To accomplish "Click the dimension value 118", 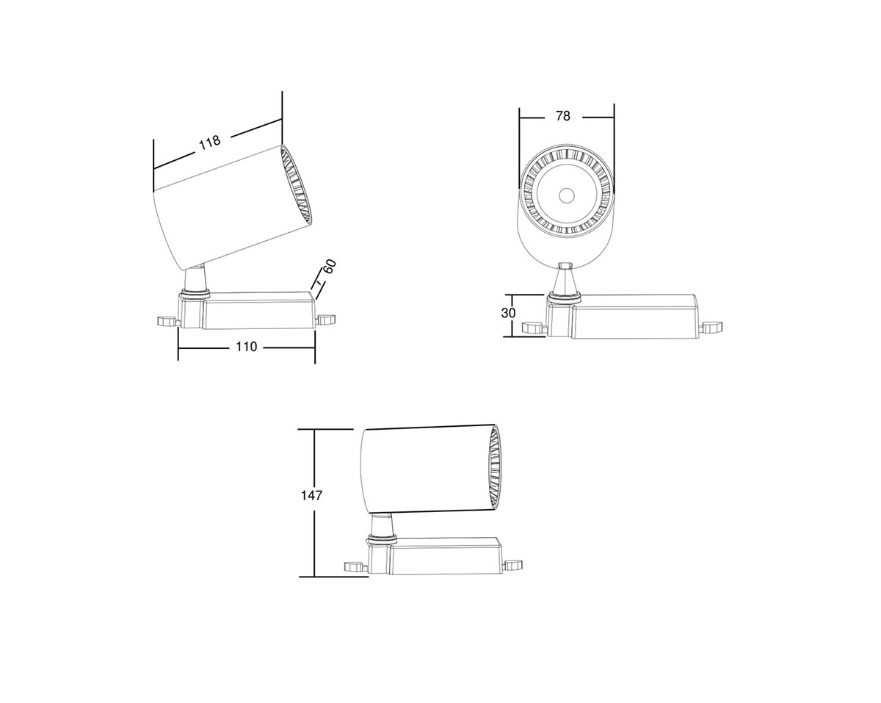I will pos(209,142).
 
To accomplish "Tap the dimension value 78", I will pos(563,116).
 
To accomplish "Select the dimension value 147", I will pos(311,495).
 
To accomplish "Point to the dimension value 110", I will pos(247,347).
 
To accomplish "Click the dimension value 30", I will pos(508,313).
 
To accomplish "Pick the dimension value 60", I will pos(329,266).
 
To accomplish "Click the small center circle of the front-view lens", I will pos(566,195).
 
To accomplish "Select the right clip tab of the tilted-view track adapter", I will pos(325,319).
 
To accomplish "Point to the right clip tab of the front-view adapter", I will pos(711,328).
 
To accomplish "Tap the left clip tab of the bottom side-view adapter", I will pos(356,566).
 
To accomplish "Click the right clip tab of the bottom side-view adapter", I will pos(514,565).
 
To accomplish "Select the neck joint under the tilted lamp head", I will pos(195,281).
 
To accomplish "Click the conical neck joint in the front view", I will pos(565,281).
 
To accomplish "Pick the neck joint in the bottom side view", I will pos(382,526).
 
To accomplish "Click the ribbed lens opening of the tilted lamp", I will pos(297,184).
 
